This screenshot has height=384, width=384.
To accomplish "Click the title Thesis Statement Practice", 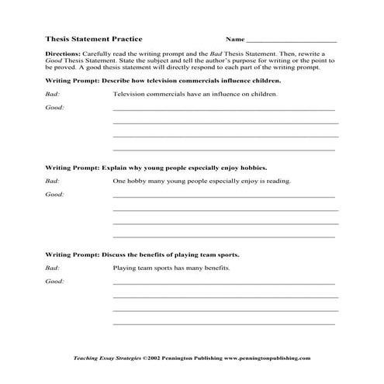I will point(94,38).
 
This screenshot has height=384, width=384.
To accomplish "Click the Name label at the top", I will point(234,38).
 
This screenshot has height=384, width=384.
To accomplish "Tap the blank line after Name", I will point(291,40).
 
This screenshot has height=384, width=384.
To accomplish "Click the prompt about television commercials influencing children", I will point(162,80).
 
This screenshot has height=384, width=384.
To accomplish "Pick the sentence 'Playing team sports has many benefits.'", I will point(171,268).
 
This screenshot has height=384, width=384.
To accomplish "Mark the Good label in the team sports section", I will point(54,282).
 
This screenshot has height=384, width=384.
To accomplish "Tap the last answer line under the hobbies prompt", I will point(224,236).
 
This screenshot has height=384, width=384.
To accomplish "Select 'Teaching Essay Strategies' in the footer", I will point(100,358).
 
